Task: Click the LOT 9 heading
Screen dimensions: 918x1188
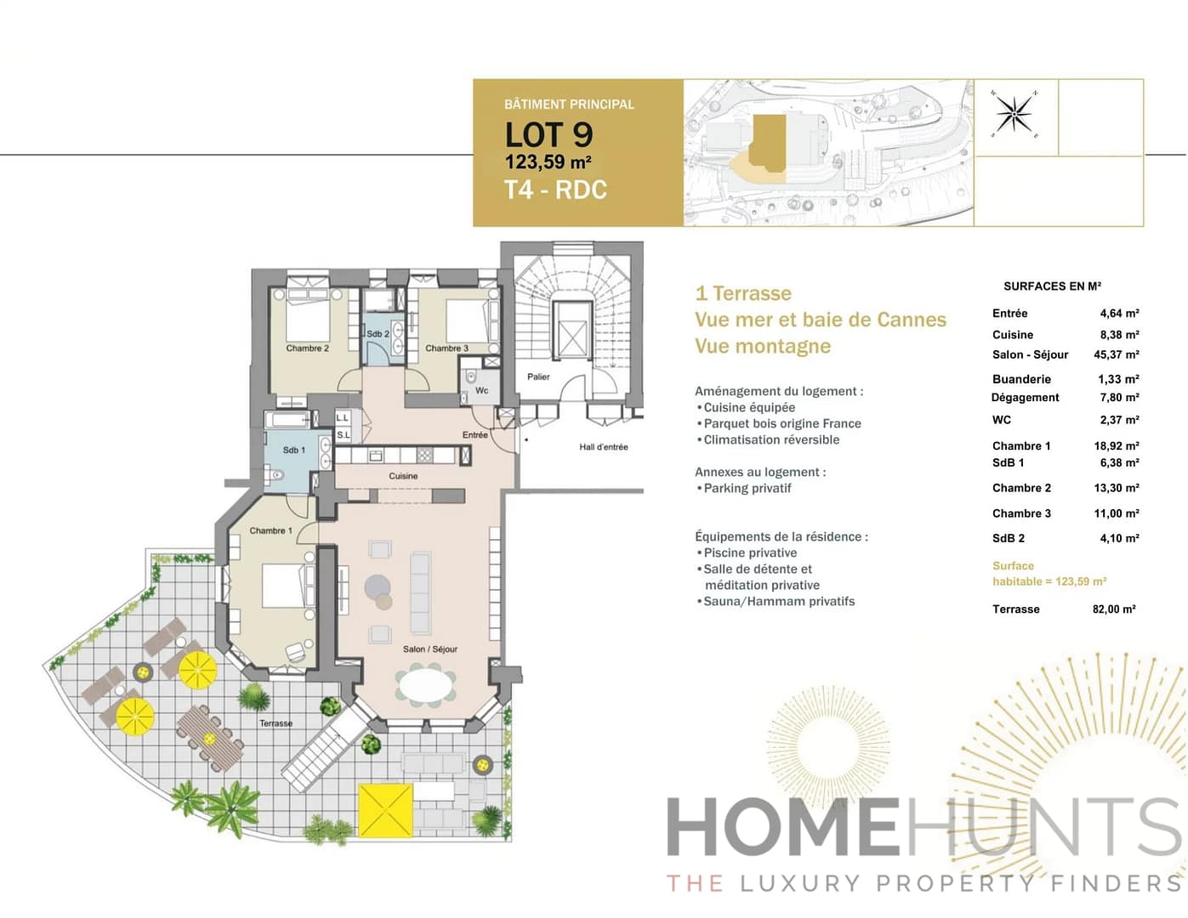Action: pyautogui.click(x=549, y=135)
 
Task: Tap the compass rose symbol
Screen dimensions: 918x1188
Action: pyautogui.click(x=1014, y=113)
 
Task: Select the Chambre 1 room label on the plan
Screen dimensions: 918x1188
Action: pyautogui.click(x=270, y=530)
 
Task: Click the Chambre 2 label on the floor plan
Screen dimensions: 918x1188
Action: pyautogui.click(x=307, y=348)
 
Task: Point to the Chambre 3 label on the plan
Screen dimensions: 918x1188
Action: pyautogui.click(x=446, y=348)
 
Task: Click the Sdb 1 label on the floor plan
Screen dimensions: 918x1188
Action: pyautogui.click(x=293, y=450)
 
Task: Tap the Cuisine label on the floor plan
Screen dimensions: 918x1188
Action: pyautogui.click(x=403, y=476)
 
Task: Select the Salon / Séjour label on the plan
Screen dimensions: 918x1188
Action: pyautogui.click(x=429, y=649)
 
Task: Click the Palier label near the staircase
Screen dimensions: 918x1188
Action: pyautogui.click(x=538, y=377)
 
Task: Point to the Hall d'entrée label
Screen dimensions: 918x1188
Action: pyautogui.click(x=603, y=447)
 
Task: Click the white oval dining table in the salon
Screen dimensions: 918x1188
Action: pyautogui.click(x=426, y=685)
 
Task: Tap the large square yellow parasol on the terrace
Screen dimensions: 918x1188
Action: pyautogui.click(x=385, y=810)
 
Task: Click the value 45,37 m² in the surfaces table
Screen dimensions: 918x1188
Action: pyautogui.click(x=1116, y=354)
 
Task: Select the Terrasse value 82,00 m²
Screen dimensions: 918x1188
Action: pyautogui.click(x=1113, y=609)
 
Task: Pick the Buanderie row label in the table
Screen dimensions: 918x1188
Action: pyautogui.click(x=1021, y=379)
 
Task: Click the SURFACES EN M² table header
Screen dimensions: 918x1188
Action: pyautogui.click(x=1052, y=286)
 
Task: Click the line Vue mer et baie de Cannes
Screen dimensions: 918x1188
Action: pyautogui.click(x=820, y=320)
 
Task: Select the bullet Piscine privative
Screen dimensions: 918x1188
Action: pyautogui.click(x=749, y=553)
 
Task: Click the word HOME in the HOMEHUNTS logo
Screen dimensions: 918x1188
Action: pyautogui.click(x=782, y=827)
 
